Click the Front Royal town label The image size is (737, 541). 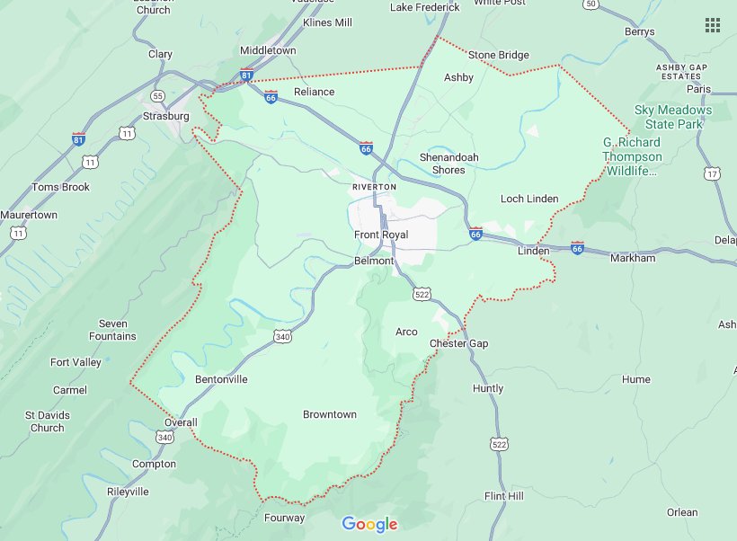tap(380, 235)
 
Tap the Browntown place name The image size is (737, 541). tap(329, 414)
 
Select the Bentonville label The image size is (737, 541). tap(221, 379)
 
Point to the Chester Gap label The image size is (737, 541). tap(458, 343)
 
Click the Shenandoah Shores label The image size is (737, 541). tap(448, 164)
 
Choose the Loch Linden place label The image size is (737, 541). tap(528, 199)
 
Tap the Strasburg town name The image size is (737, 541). tap(166, 116)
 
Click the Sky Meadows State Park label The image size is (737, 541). tap(672, 117)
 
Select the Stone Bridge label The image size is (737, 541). tap(498, 55)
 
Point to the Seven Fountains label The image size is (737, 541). tap(113, 330)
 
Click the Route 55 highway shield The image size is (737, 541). tap(158, 95)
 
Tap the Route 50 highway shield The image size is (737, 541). tap(590, 4)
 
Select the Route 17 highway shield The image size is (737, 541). tap(712, 173)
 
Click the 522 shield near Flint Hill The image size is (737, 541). tap(499, 444)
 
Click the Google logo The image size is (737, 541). tap(369, 524)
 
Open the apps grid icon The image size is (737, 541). tap(713, 25)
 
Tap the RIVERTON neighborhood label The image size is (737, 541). tap(374, 186)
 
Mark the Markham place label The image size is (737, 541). tap(633, 258)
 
